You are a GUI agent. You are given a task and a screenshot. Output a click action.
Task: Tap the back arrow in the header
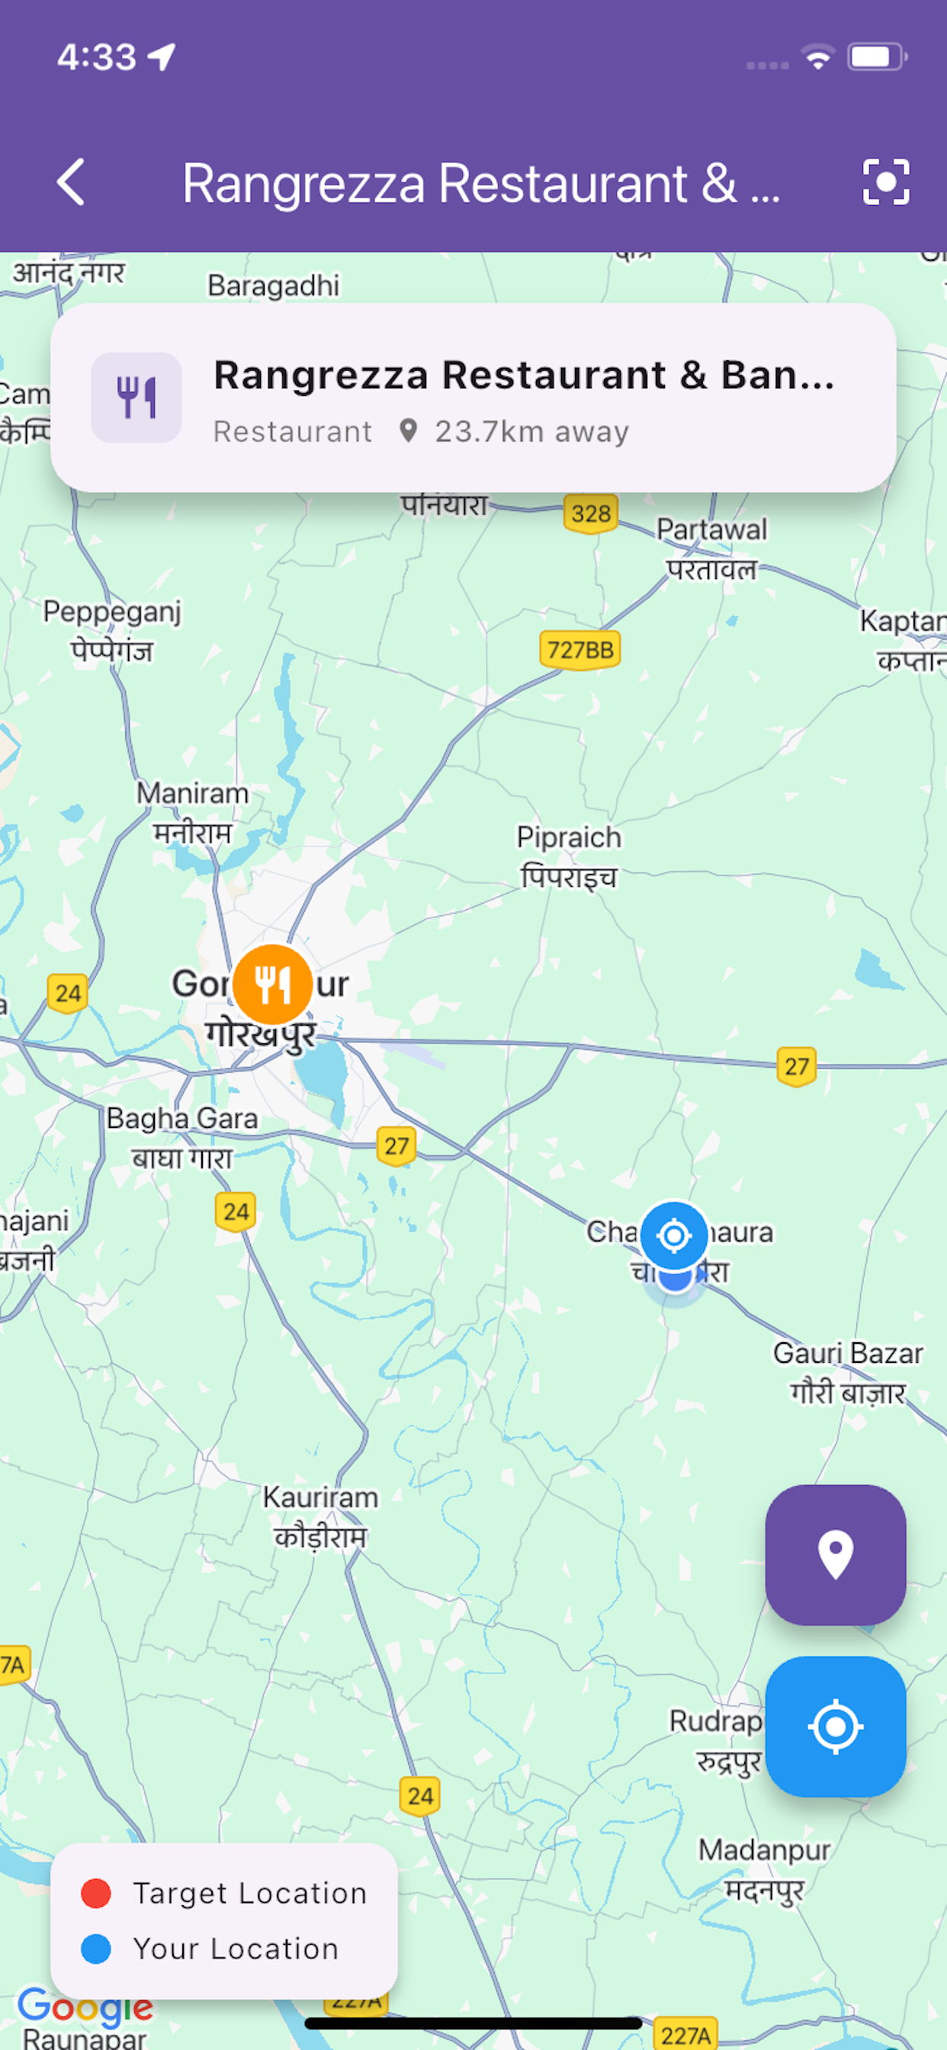click(x=72, y=182)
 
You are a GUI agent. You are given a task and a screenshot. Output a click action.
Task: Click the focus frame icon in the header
click(x=886, y=182)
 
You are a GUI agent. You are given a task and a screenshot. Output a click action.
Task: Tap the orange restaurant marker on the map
click(x=272, y=985)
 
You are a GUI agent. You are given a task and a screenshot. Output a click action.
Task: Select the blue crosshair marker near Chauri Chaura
click(x=674, y=1236)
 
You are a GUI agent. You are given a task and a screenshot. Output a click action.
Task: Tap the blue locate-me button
click(x=835, y=1726)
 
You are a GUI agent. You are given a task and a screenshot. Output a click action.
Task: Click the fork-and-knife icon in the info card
click(x=136, y=398)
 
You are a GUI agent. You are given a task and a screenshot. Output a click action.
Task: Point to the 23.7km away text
click(x=531, y=432)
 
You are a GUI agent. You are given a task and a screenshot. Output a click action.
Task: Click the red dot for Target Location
click(x=96, y=1893)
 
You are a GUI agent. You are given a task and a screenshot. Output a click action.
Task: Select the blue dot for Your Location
click(x=96, y=1949)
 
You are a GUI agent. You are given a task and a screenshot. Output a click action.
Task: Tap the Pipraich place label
click(x=568, y=838)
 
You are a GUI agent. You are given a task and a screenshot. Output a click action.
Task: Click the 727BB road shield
click(x=580, y=651)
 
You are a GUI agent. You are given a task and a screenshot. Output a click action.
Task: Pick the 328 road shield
click(x=590, y=513)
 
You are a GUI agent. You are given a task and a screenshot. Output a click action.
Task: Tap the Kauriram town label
click(x=321, y=1498)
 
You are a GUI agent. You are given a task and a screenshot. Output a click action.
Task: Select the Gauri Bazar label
click(x=848, y=1354)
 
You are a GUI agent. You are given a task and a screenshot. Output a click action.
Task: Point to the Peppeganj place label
click(x=112, y=612)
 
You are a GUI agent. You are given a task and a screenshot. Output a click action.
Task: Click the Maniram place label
click(x=193, y=793)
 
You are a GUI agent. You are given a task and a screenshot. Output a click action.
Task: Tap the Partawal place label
click(x=711, y=530)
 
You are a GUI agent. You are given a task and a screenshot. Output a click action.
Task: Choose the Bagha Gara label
click(x=182, y=1119)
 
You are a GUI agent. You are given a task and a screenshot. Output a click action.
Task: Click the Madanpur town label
click(x=764, y=1850)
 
